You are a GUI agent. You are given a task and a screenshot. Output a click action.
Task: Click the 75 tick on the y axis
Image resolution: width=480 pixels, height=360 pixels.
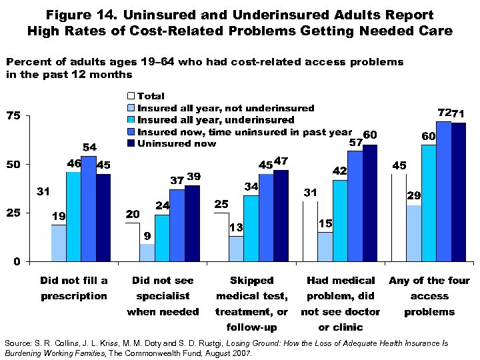[13, 116]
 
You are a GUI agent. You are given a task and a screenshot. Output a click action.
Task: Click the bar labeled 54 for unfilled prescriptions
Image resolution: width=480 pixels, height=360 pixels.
[89, 209]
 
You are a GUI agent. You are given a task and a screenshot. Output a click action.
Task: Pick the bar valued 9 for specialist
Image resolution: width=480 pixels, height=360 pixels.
[148, 252]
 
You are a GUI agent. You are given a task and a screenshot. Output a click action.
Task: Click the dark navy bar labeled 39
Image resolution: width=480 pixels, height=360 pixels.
[193, 223]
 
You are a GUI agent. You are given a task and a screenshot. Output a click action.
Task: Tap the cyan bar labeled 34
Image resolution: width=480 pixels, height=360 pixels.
[251, 228]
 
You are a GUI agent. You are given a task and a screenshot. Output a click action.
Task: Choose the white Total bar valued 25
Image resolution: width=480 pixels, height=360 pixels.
[221, 237]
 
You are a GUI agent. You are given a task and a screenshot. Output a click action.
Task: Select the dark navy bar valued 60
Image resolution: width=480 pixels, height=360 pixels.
[369, 203]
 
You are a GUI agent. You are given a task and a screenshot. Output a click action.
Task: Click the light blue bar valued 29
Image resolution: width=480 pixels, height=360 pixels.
[413, 233]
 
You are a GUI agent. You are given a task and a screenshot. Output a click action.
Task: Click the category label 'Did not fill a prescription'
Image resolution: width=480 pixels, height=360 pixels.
[73, 288]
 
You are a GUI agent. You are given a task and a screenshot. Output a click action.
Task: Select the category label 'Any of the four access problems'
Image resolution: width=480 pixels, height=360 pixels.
[429, 296]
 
